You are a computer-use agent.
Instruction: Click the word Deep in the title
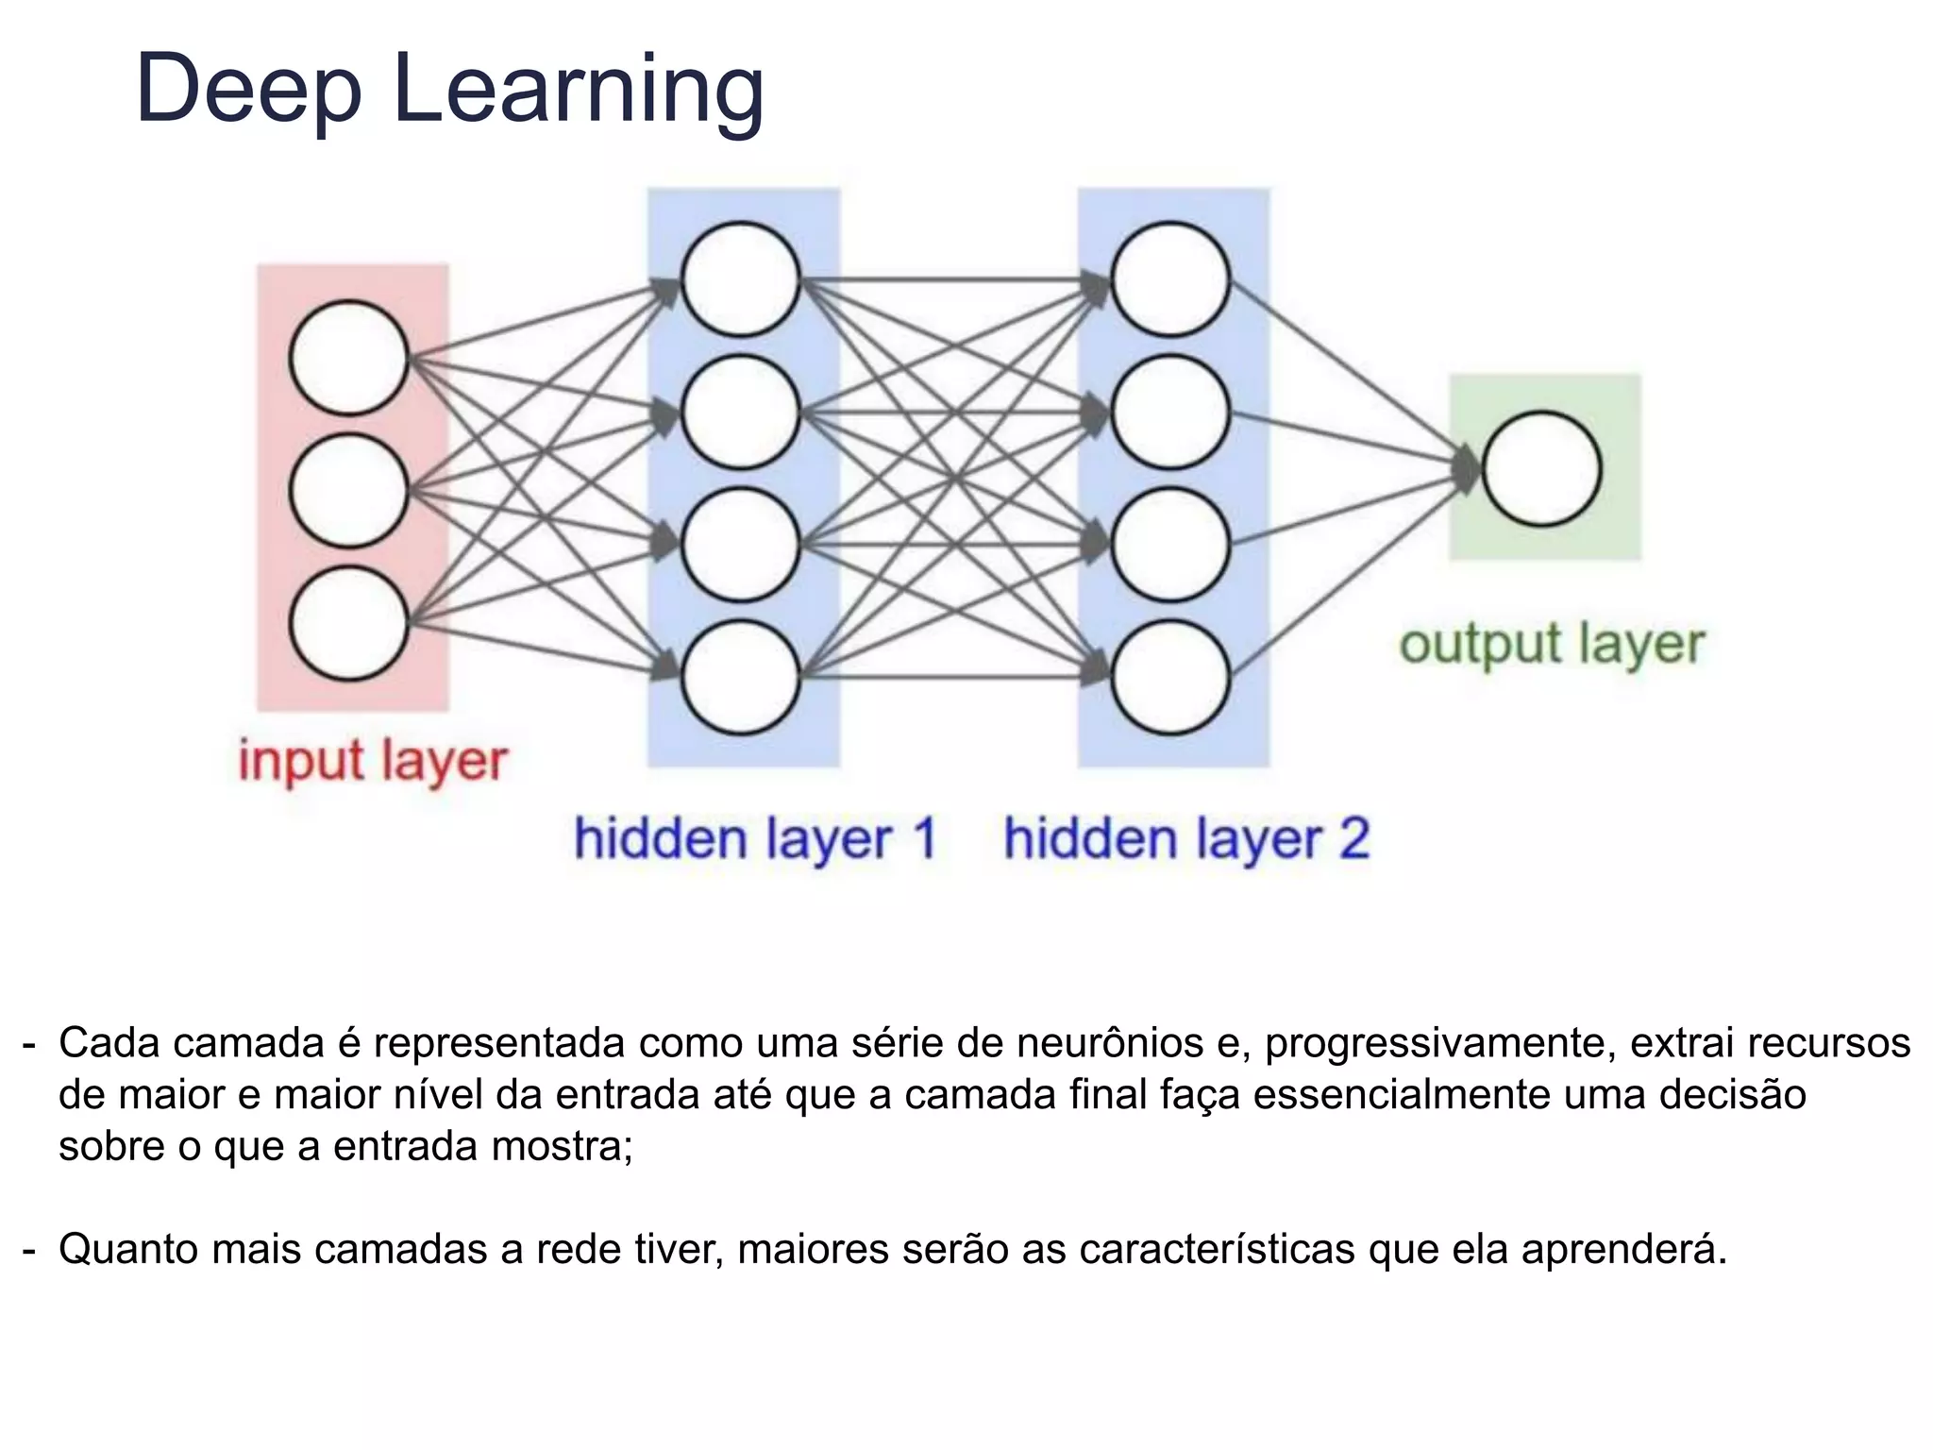tap(248, 90)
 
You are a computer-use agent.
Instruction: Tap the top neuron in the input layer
tap(348, 358)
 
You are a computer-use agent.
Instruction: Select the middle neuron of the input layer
tap(348, 491)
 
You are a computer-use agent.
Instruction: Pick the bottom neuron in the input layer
tap(348, 623)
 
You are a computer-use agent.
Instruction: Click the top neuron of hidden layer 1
tap(741, 279)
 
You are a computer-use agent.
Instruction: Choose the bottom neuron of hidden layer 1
tap(741, 677)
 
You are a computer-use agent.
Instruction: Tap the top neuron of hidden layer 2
tap(1170, 279)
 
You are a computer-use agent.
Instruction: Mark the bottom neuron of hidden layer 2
tap(1170, 677)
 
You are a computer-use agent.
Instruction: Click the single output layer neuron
tap(1541, 468)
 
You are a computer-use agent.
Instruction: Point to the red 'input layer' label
tap(373, 761)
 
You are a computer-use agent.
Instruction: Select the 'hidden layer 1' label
tap(755, 839)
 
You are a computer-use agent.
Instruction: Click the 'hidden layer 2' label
tap(1186, 839)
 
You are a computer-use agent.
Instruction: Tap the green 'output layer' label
tap(1552, 646)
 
